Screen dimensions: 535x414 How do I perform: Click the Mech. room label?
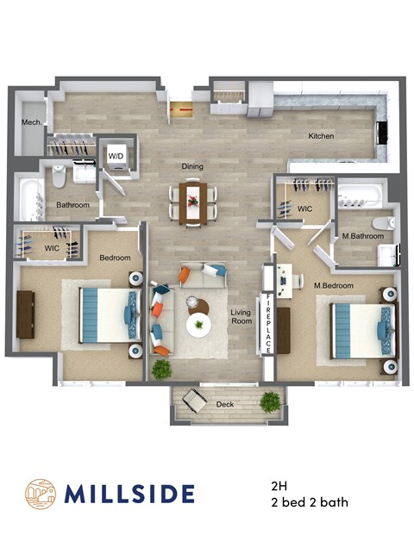(32, 123)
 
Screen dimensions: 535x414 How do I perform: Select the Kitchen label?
(322, 136)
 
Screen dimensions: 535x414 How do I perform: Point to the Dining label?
(191, 166)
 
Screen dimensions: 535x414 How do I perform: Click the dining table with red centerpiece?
(195, 201)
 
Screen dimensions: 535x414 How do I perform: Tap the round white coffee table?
(201, 325)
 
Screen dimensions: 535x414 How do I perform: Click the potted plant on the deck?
(272, 401)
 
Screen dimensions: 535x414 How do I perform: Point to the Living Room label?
(240, 317)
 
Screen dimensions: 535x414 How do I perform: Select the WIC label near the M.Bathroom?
(304, 208)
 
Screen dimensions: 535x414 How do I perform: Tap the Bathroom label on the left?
(73, 205)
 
